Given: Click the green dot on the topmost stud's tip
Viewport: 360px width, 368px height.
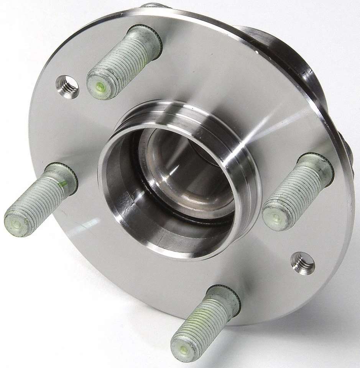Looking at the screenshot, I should coord(100,87).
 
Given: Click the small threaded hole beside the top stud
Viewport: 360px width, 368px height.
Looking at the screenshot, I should coord(67,86).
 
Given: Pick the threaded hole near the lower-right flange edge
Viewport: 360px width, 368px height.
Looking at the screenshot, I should coord(303,263).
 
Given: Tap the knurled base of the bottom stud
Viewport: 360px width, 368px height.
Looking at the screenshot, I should coord(226,297).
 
